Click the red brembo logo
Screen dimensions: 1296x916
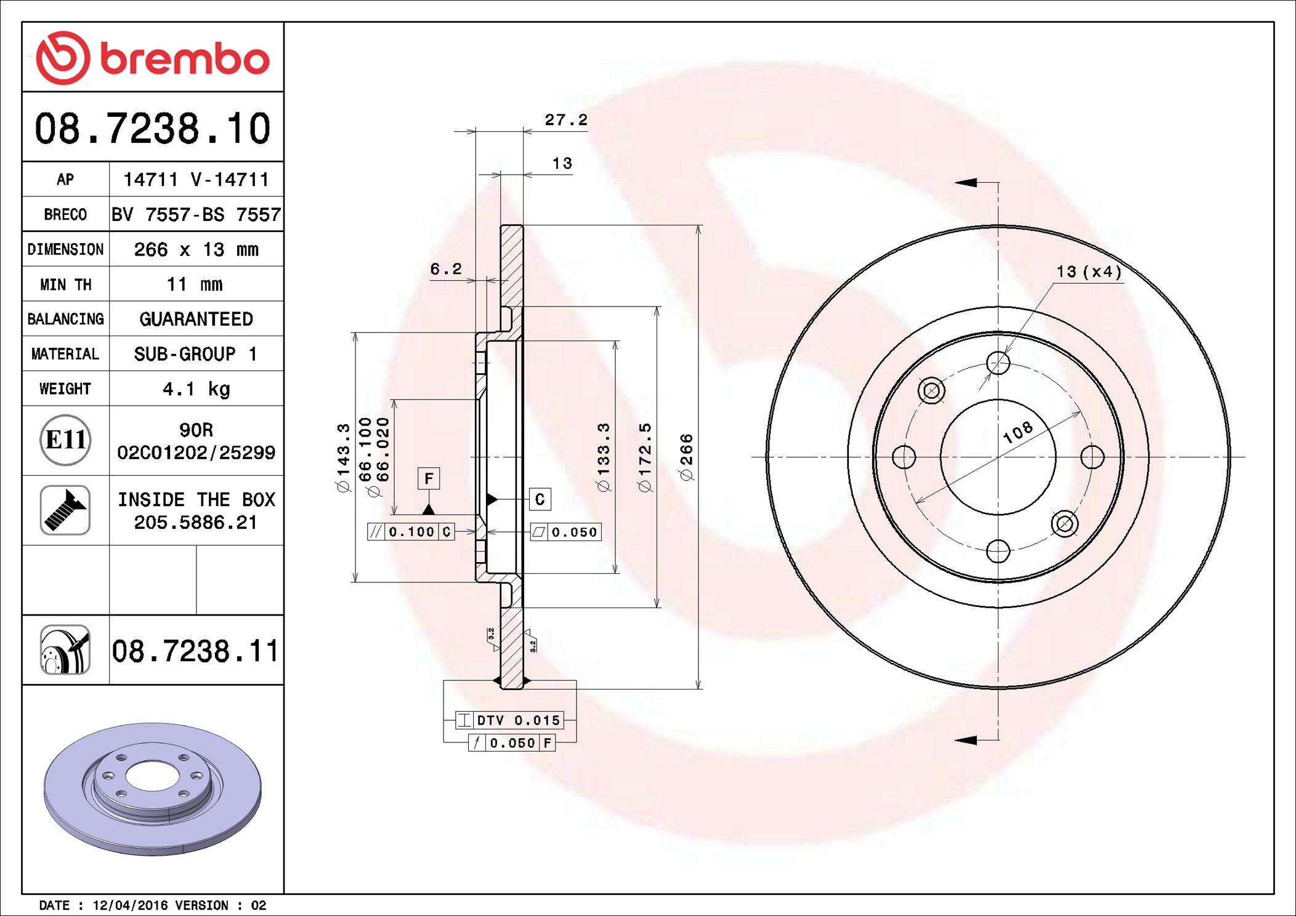click(x=153, y=58)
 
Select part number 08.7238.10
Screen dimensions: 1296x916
click(x=153, y=129)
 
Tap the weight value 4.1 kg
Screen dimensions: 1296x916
click(x=196, y=389)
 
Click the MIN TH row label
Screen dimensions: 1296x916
click(x=66, y=284)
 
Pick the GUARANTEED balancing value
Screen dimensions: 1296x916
click(x=196, y=319)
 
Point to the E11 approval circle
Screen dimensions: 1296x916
click(x=66, y=440)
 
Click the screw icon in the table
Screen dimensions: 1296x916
click(x=65, y=510)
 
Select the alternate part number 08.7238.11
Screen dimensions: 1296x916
click(x=195, y=651)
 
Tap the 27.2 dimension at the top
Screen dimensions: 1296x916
click(x=566, y=120)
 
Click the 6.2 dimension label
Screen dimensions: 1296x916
click(x=446, y=269)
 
